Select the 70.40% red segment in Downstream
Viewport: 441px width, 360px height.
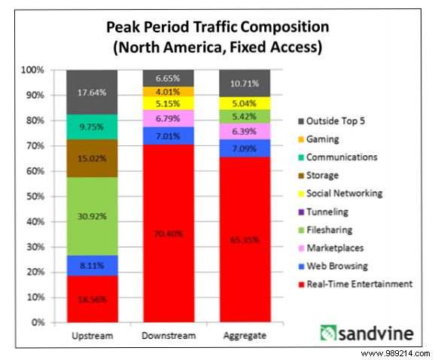(163, 233)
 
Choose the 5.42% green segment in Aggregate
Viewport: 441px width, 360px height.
(234, 116)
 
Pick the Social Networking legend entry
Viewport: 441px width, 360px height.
(344, 193)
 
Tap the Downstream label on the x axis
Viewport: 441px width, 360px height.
(163, 334)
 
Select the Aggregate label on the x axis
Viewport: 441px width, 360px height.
(234, 334)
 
